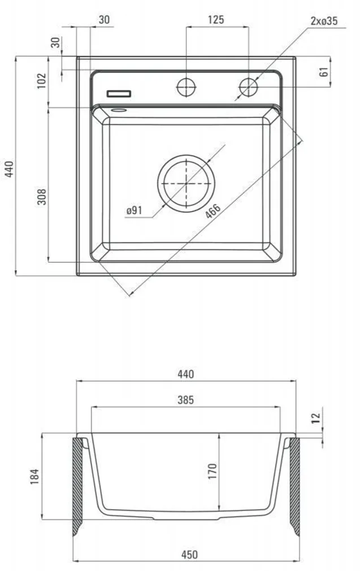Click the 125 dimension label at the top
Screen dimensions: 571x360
[x=215, y=20]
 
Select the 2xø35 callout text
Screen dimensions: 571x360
[x=324, y=21]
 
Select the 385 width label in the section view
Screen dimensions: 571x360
[x=185, y=400]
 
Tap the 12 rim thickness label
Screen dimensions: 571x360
[x=316, y=418]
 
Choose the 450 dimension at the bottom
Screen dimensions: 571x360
[x=190, y=555]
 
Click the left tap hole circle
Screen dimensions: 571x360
[x=186, y=87]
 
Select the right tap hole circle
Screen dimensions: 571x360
[x=248, y=87]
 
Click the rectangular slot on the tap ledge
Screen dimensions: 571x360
[x=119, y=93]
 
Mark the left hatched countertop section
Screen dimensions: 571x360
[x=77, y=485]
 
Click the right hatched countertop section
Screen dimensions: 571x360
[x=294, y=485]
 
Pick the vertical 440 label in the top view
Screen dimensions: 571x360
[x=8, y=168]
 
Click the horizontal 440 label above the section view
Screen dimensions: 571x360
[x=185, y=374]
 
